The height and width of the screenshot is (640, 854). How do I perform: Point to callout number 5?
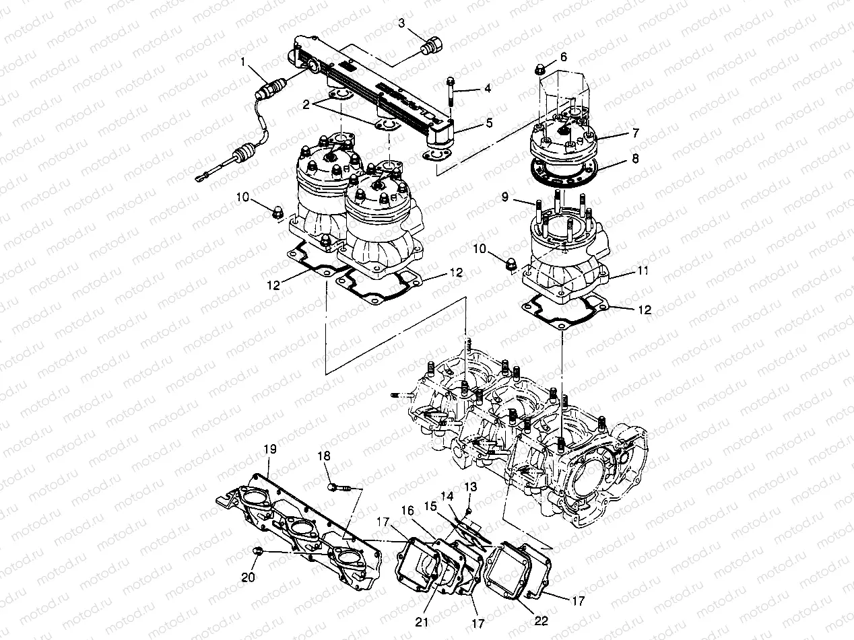click(x=489, y=123)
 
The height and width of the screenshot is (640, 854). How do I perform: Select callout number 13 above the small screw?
click(x=470, y=486)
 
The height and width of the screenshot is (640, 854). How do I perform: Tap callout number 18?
click(x=324, y=456)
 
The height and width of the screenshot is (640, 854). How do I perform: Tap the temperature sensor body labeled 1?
click(x=273, y=89)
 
